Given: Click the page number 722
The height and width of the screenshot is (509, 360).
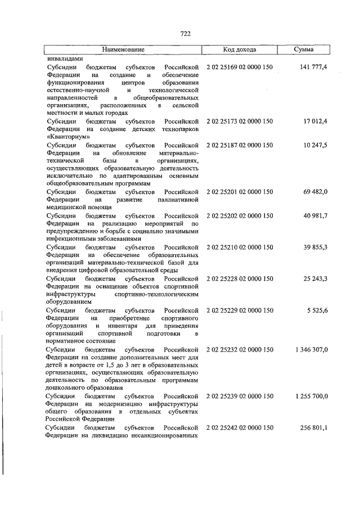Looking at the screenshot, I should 186,34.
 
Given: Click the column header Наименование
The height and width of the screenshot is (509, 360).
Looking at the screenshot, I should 123,49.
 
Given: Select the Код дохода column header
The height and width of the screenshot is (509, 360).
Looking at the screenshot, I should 240,49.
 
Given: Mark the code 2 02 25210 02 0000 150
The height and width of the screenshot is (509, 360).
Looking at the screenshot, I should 240,247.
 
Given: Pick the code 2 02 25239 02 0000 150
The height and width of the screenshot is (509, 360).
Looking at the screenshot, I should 240,397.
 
